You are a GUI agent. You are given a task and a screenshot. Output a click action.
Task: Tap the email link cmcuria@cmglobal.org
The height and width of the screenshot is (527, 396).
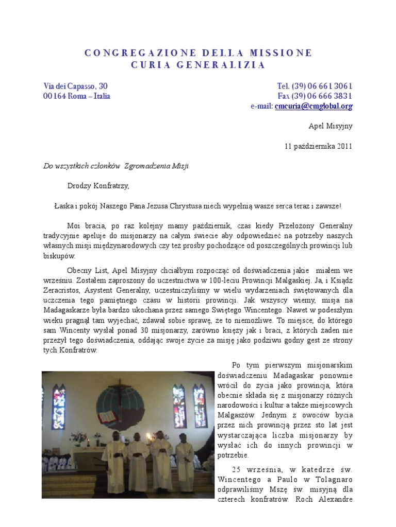tap(313, 107)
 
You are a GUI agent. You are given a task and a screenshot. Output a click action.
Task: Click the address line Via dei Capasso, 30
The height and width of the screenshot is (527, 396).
tap(75, 86)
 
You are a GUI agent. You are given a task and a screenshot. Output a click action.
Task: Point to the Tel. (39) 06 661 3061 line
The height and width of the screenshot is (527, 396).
tap(315, 86)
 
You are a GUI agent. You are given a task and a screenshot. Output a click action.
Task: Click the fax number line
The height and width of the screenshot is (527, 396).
tap(315, 96)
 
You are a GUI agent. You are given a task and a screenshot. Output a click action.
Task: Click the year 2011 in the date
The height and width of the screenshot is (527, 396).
tap(344, 146)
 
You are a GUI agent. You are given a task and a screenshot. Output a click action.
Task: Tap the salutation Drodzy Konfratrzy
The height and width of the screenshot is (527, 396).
tap(98, 185)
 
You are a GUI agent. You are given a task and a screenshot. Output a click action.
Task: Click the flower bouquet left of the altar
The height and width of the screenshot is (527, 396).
tap(78, 438)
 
